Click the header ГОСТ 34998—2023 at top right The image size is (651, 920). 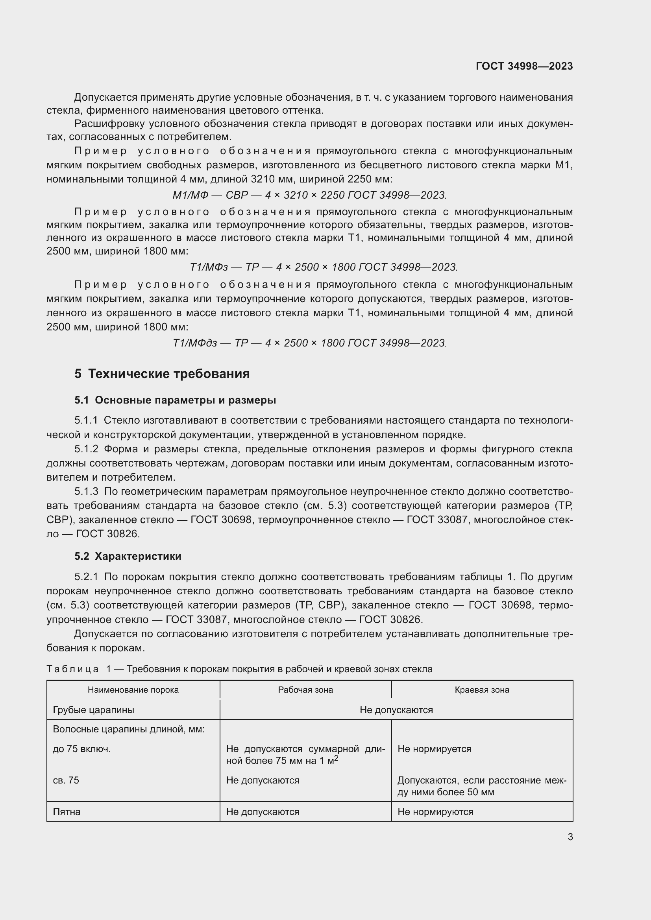pos(524,66)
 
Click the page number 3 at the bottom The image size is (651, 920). pos(570,837)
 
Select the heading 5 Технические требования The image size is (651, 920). pos(162,374)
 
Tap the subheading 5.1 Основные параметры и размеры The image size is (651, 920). pos(175,400)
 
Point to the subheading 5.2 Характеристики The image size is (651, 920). pos(128,556)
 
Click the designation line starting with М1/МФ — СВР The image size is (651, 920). pos(309,195)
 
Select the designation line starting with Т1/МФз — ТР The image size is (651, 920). pos(324,267)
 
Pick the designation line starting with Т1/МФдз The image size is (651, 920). pos(309,343)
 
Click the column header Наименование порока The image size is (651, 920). pos(133,690)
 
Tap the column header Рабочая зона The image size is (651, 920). pos(305,690)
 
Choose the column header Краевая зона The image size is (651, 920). pos(482,690)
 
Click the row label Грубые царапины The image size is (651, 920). pos(93,710)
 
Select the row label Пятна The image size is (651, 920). pos(67,812)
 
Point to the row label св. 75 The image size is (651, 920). pos(66,780)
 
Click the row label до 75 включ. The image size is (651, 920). pos(82,749)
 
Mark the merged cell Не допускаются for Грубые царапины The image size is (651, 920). pos(396,710)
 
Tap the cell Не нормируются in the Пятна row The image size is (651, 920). pos(435,812)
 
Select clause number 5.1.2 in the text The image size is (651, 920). pos(86,449)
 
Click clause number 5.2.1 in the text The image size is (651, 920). pos(86,577)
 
